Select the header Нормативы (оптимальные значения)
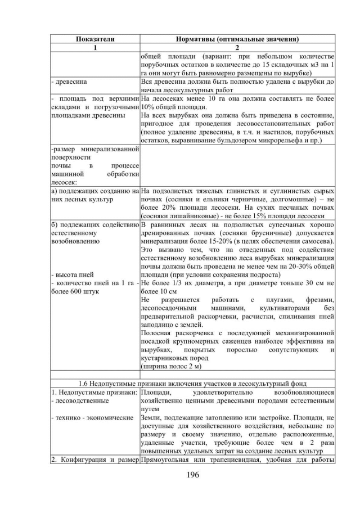237,39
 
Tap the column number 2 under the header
237,48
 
